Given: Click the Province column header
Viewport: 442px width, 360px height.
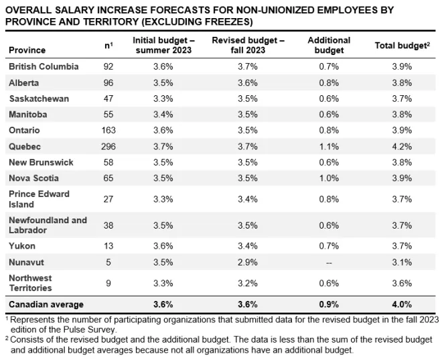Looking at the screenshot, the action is click(27, 50).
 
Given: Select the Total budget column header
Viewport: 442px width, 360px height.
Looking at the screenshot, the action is click(402, 46).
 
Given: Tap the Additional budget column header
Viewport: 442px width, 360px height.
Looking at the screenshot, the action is click(329, 45).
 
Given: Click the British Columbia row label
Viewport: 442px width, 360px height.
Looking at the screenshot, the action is click(44, 66).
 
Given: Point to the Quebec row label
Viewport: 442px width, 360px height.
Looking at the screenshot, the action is click(25, 146).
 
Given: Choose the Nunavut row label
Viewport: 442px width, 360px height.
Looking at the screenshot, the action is click(27, 262).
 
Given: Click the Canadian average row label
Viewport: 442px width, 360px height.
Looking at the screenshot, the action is click(46, 304).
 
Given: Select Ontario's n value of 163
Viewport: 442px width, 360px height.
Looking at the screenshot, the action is click(108, 130).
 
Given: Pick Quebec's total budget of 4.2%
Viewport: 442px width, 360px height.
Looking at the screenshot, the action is click(402, 146).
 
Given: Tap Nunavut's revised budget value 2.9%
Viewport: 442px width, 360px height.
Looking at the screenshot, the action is click(248, 262).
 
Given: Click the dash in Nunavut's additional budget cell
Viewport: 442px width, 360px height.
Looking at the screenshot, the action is click(329, 263).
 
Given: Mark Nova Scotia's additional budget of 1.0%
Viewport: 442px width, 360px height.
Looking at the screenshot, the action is click(329, 178).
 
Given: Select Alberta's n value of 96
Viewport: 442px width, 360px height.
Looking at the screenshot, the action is click(108, 82).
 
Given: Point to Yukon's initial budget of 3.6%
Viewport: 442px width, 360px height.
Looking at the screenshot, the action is click(163, 246).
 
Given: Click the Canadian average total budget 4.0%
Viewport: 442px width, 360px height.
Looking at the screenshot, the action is click(402, 304).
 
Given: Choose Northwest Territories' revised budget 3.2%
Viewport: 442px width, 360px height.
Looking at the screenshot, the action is click(248, 283).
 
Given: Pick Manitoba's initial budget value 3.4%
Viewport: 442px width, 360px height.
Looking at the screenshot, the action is click(163, 114).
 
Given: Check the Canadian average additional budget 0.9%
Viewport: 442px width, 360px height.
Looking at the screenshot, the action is click(329, 304).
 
